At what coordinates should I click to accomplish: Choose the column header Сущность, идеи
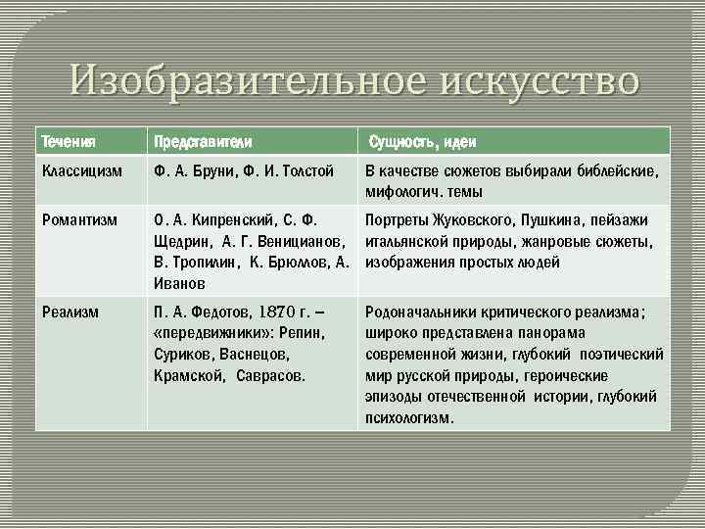pyautogui.click(x=422, y=142)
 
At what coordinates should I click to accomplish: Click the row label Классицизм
pyautogui.click(x=82, y=172)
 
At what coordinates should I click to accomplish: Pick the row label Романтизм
pyautogui.click(x=78, y=220)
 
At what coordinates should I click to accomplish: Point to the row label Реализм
pyautogui.click(x=70, y=313)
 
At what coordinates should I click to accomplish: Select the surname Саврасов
pyautogui.click(x=270, y=375)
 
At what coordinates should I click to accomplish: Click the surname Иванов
pyautogui.click(x=179, y=283)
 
